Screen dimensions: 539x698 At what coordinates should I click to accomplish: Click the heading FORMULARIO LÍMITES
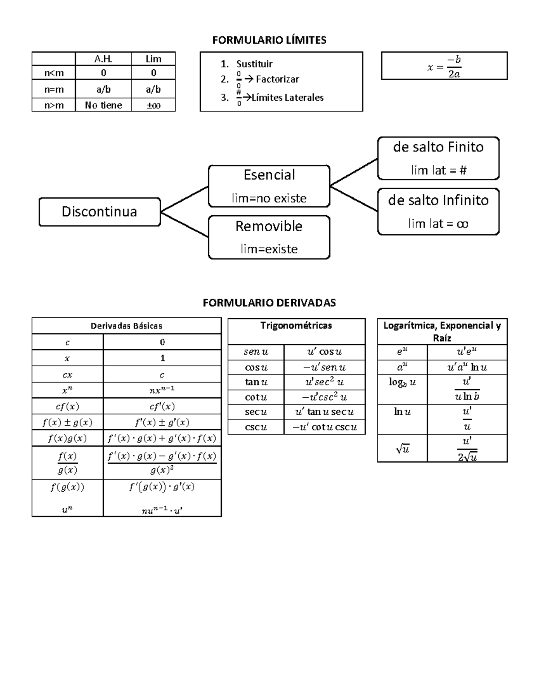(x=269, y=40)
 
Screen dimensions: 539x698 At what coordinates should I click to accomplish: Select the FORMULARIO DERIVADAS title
(x=269, y=302)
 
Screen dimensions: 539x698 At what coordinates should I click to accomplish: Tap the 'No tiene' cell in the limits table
(x=103, y=105)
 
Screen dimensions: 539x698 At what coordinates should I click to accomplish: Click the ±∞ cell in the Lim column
(x=153, y=105)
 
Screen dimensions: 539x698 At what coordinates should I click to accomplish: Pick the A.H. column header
(x=103, y=59)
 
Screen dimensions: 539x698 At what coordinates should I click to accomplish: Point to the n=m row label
(x=54, y=89)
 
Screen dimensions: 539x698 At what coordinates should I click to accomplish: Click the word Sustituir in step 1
(x=254, y=64)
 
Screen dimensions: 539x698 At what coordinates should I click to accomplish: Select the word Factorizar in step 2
(x=277, y=79)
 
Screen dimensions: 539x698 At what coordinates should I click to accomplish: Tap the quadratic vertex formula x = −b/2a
(x=444, y=67)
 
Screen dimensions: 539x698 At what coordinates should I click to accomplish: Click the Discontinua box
(x=99, y=212)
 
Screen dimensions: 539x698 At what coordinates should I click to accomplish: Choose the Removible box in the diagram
(x=269, y=237)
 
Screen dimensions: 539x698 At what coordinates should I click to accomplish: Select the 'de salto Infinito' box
(x=438, y=212)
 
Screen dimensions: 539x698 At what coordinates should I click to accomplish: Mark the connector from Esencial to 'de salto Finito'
(x=354, y=172)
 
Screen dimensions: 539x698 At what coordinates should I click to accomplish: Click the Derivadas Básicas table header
(x=126, y=326)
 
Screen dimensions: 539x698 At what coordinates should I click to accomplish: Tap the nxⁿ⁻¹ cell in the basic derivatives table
(x=162, y=390)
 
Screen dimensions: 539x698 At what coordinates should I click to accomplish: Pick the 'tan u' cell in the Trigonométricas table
(x=256, y=382)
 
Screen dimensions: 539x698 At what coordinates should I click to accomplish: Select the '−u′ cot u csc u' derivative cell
(x=324, y=427)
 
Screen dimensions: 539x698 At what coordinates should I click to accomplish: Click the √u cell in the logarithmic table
(x=402, y=448)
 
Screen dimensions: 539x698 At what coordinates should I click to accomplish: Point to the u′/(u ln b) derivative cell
(x=467, y=389)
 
